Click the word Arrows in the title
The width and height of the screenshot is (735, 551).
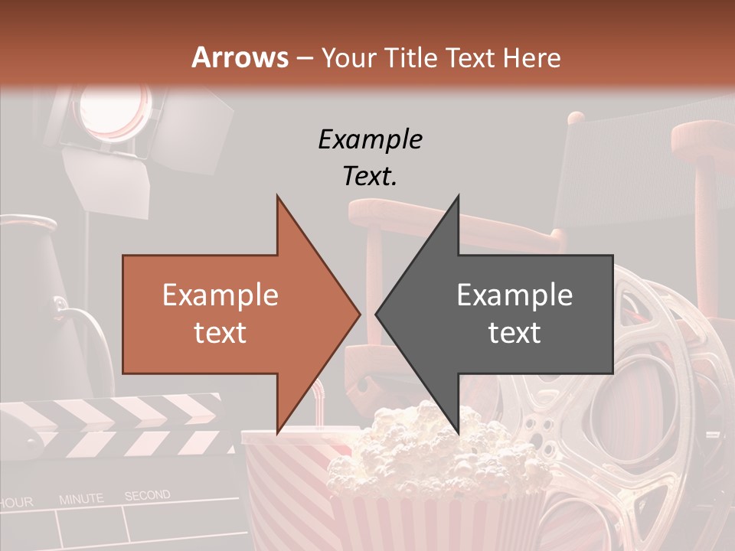(x=240, y=57)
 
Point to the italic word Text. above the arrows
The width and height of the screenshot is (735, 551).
(x=370, y=176)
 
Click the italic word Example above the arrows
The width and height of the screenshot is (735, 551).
(x=371, y=139)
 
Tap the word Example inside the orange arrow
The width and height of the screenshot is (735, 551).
(x=220, y=295)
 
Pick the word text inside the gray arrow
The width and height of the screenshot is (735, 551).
(x=514, y=332)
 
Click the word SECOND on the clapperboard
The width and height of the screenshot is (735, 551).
(x=148, y=496)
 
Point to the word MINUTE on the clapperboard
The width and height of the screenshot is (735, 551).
(x=81, y=499)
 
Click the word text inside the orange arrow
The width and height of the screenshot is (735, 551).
(x=220, y=332)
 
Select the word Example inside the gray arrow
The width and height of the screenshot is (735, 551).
(x=514, y=295)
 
